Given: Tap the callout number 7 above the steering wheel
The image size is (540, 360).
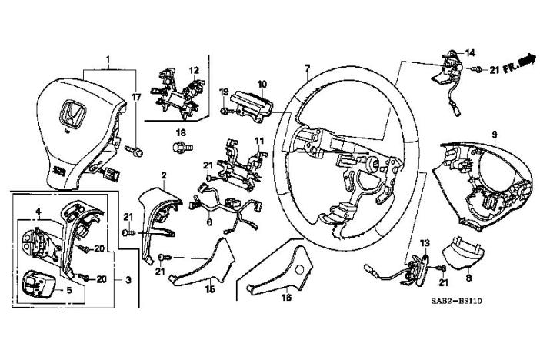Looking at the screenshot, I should tap(308, 69).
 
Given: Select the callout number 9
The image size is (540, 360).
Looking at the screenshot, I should tap(494, 134).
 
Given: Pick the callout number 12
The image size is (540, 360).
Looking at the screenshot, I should tap(195, 70).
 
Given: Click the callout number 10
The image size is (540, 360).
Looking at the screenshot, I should tap(262, 83).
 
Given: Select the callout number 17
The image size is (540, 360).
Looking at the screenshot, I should tap(137, 97).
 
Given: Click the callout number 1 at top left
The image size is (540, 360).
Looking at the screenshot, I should tap(108, 59).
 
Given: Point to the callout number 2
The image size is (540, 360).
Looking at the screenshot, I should tap(164, 175).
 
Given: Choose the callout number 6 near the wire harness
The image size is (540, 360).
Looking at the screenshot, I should tap(209, 223).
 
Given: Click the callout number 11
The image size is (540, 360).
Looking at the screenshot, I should tap(259, 141).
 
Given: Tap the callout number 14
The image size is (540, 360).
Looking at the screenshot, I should tap(471, 52).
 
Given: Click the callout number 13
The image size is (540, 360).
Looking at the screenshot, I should tap(422, 244).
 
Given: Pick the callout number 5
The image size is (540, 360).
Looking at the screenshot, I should tap(68, 291).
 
